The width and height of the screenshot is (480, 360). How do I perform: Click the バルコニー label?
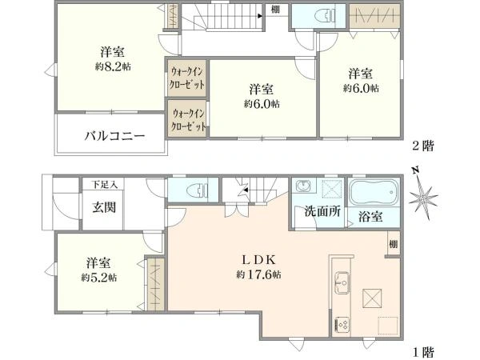(x=115, y=136)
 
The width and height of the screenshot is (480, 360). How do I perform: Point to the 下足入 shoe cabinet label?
(x=103, y=185)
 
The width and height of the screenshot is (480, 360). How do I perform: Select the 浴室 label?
(x=370, y=216)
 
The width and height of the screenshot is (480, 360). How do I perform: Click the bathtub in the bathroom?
(x=374, y=193)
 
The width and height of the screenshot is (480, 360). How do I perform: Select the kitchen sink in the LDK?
(x=341, y=282)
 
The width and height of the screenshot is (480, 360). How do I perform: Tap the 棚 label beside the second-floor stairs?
(x=274, y=10)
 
